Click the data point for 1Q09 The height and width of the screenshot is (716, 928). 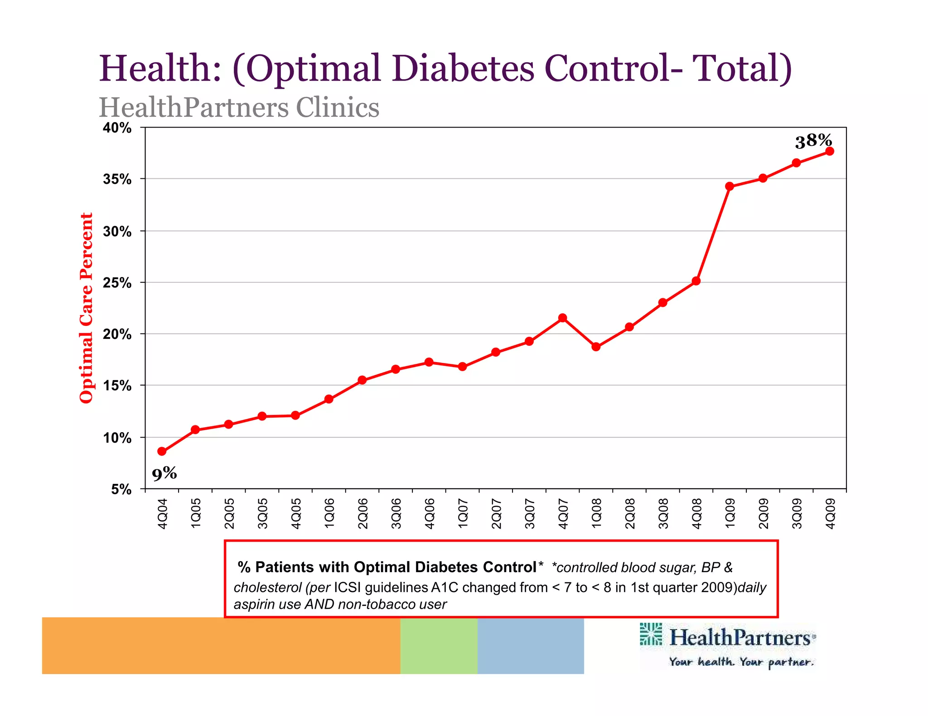(x=729, y=186)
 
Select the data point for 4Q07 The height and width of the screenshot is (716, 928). (x=562, y=318)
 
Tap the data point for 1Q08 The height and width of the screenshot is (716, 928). (x=596, y=347)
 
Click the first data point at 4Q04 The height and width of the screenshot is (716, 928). (x=162, y=451)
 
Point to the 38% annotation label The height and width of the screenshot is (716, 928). (x=813, y=141)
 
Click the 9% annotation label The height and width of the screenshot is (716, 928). (x=164, y=474)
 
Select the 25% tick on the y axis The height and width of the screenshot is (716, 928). (x=117, y=283)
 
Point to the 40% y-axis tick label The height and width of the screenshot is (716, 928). (x=117, y=128)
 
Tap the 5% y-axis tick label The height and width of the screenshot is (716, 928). (x=121, y=489)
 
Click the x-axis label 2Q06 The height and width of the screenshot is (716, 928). (x=362, y=513)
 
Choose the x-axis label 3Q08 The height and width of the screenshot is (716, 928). (x=663, y=513)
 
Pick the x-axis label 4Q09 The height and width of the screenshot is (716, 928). (x=830, y=513)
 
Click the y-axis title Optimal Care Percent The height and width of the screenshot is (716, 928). (x=86, y=308)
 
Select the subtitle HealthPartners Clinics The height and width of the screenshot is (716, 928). (x=239, y=108)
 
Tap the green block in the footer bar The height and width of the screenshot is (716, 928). (x=439, y=645)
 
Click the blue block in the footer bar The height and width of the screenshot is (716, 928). (x=530, y=645)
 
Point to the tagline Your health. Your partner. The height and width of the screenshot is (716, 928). (x=741, y=662)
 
